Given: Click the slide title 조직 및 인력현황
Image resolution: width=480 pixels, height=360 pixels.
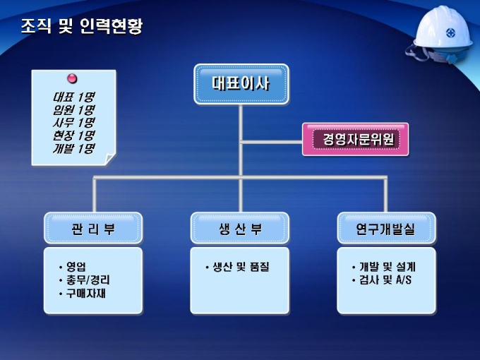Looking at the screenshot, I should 81,27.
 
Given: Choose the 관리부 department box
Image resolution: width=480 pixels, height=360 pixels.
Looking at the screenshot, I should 93,229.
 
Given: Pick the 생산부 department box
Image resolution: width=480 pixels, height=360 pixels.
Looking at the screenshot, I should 240,229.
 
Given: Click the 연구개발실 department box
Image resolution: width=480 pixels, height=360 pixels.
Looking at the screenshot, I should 385,229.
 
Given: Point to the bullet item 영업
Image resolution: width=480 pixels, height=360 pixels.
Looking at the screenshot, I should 76,267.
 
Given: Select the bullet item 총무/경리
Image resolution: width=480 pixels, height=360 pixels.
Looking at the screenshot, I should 88,280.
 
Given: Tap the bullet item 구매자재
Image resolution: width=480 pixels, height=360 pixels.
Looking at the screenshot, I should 85,292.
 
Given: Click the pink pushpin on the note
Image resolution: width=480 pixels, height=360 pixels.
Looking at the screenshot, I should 71,78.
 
